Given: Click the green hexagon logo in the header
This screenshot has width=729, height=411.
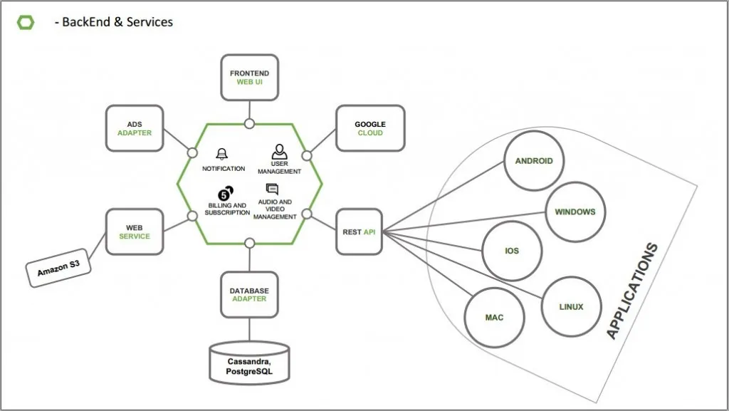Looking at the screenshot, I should click(26, 22).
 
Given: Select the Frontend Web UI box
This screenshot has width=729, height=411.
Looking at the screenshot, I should click(249, 78).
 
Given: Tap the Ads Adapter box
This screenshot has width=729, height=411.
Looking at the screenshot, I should click(135, 128).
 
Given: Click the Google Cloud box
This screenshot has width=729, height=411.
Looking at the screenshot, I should click(370, 128).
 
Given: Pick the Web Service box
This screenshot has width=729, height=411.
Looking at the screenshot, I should click(135, 231).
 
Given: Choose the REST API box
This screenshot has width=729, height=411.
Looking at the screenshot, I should click(359, 231).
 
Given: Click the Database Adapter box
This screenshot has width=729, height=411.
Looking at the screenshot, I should click(249, 295).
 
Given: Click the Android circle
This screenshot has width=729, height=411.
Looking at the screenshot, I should click(534, 161).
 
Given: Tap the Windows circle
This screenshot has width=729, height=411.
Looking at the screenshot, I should click(575, 212).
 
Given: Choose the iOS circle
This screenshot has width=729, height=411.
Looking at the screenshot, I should click(512, 251).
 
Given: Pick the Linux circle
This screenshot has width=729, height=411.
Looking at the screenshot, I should click(572, 307).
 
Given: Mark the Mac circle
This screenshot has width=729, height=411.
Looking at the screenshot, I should click(495, 317).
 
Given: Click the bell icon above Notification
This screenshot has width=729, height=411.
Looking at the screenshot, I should click(223, 154).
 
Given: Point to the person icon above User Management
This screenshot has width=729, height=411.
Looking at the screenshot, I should click(279, 151).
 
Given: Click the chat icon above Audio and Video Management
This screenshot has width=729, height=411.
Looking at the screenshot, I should click(272, 189).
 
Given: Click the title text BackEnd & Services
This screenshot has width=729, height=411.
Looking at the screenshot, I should click(114, 22).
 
